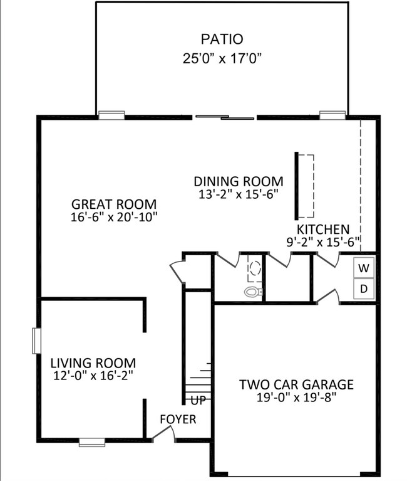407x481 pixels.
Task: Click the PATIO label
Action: click(x=221, y=39)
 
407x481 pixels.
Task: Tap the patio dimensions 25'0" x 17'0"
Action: click(x=221, y=58)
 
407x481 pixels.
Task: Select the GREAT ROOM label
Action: click(x=113, y=204)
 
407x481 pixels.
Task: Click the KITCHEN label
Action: click(x=322, y=230)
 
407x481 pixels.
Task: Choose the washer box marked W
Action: click(x=364, y=268)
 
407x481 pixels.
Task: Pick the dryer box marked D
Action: click(x=364, y=289)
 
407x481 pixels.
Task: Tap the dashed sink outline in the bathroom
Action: click(x=255, y=270)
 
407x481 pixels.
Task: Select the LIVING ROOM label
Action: click(x=93, y=363)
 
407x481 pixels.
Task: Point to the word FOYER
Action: click(x=178, y=419)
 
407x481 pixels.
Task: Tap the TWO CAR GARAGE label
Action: click(x=296, y=384)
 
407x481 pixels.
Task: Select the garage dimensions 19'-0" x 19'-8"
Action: click(x=296, y=397)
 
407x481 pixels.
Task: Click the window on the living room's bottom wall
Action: click(x=92, y=441)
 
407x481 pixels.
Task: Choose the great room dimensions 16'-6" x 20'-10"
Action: click(x=113, y=217)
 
